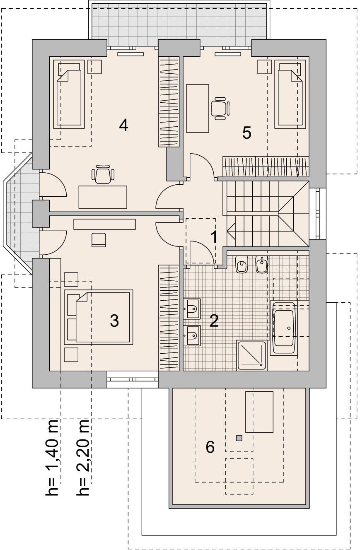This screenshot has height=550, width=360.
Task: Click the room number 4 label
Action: [123, 125]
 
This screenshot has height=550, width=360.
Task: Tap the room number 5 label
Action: [247, 133]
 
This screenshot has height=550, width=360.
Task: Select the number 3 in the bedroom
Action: [114, 321]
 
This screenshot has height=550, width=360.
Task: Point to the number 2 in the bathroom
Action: [214, 321]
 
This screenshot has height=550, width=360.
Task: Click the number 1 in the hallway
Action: [214, 237]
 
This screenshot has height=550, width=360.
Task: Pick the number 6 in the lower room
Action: [210, 447]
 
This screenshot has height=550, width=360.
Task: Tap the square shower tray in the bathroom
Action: [251, 355]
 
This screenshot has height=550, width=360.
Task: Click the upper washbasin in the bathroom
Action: [192, 309]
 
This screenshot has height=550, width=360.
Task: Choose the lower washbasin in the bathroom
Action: [192, 335]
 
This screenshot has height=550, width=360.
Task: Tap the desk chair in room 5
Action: [220, 108]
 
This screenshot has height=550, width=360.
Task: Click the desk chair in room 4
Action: [103, 174]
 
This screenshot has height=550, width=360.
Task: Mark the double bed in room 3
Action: [99, 317]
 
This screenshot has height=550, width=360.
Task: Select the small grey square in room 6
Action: [239, 438]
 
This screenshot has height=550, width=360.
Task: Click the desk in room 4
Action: [103, 197]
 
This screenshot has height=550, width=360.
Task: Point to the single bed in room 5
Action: [290, 94]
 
